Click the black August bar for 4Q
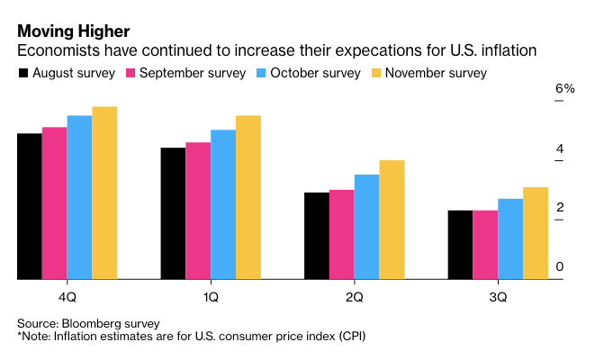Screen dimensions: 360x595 (x=29, y=207)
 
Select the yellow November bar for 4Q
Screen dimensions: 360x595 (x=104, y=193)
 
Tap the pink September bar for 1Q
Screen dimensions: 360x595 (x=198, y=211)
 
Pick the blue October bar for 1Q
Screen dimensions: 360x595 (x=223, y=205)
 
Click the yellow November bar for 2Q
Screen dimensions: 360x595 (x=366, y=220)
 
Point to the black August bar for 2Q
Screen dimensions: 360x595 (x=316, y=236)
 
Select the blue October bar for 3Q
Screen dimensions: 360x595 (x=510, y=239)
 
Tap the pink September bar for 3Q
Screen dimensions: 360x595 (x=485, y=245)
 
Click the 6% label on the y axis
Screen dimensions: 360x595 (x=564, y=89)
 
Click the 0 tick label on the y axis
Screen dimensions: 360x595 (x=560, y=266)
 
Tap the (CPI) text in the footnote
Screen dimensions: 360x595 (x=347, y=336)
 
